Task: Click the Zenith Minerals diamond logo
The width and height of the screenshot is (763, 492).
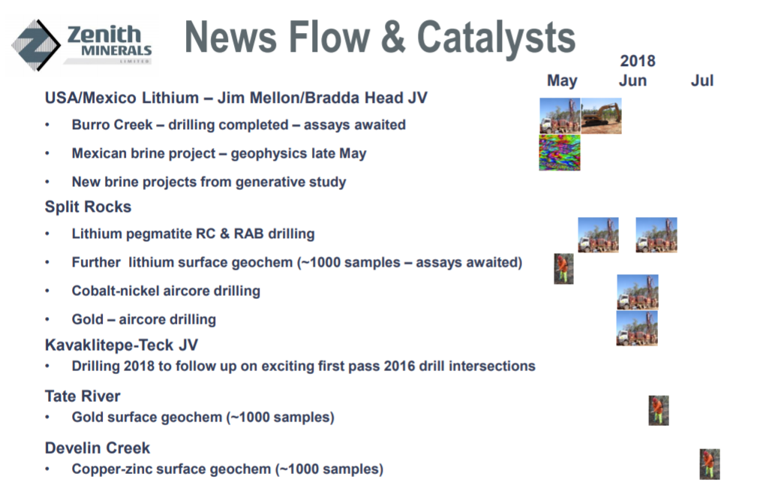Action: pyautogui.click(x=35, y=45)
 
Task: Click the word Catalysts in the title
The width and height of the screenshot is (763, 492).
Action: pyautogui.click(x=497, y=37)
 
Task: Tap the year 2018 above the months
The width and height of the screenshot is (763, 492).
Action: pyautogui.click(x=638, y=61)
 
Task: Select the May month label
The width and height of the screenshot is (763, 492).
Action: pyautogui.click(x=562, y=80)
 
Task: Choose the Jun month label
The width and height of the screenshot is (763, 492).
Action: pyautogui.click(x=632, y=80)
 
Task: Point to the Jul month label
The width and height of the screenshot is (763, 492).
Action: pyautogui.click(x=702, y=80)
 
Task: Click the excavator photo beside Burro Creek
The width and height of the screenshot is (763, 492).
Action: pyautogui.click(x=602, y=116)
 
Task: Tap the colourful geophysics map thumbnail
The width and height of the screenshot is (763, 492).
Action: pyautogui.click(x=560, y=153)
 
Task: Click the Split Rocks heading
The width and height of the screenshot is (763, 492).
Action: pyautogui.click(x=88, y=207)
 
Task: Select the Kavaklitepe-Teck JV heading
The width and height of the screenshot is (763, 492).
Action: pyautogui.click(x=122, y=345)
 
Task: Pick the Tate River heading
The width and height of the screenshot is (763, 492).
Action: pyautogui.click(x=83, y=396)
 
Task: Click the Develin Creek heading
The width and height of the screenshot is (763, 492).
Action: pyautogui.click(x=98, y=448)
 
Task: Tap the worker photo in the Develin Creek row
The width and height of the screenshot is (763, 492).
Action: pyautogui.click(x=710, y=464)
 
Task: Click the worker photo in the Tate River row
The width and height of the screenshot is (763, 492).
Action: pyautogui.click(x=659, y=411)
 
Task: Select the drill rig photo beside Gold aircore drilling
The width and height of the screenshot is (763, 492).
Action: pyautogui.click(x=637, y=328)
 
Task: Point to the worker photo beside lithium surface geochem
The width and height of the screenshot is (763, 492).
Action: pyautogui.click(x=564, y=269)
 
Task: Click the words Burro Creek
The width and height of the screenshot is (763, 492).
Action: pyautogui.click(x=112, y=125)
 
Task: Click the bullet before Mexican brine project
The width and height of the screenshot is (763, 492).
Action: pyautogui.click(x=47, y=153)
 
